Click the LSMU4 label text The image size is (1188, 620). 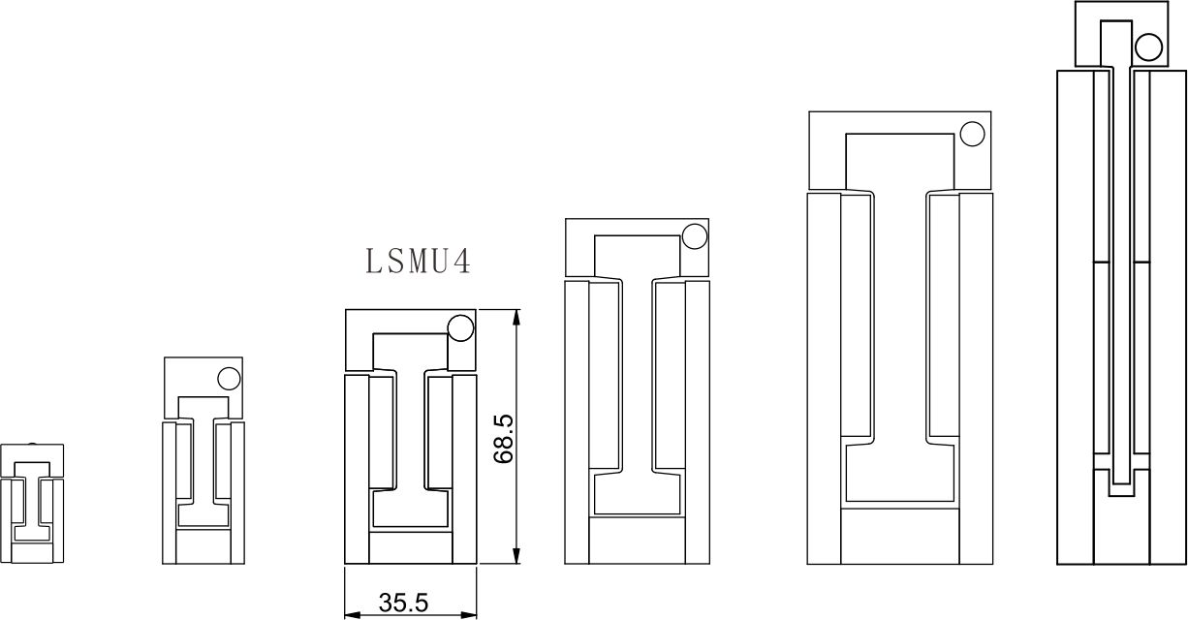pyautogui.click(x=418, y=262)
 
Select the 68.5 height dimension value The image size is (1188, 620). pyautogui.click(x=503, y=439)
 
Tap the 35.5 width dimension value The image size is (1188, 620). pyautogui.click(x=403, y=603)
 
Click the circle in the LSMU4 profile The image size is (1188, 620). pyautogui.click(x=460, y=328)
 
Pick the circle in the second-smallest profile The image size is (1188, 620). pyautogui.click(x=229, y=379)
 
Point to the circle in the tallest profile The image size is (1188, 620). pyautogui.click(x=1148, y=47)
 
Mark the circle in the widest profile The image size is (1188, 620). pyautogui.click(x=972, y=135)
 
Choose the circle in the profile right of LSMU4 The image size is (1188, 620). pyautogui.click(x=694, y=236)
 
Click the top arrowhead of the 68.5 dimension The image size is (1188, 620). pyautogui.click(x=516, y=317)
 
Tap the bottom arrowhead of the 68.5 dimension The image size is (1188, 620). pyautogui.click(x=516, y=556)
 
